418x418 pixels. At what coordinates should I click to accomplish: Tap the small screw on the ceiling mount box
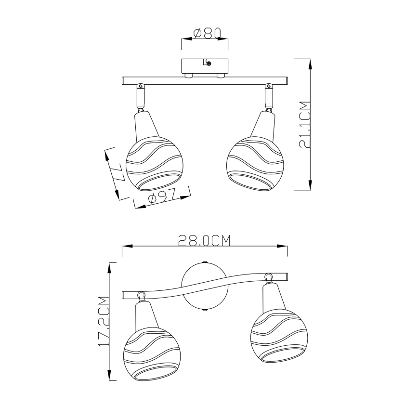pos(208,63)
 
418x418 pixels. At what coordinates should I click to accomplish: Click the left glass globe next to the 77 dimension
pos(153,165)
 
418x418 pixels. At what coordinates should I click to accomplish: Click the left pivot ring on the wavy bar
pos(141,295)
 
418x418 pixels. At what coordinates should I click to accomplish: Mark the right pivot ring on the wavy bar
pos(268,277)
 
